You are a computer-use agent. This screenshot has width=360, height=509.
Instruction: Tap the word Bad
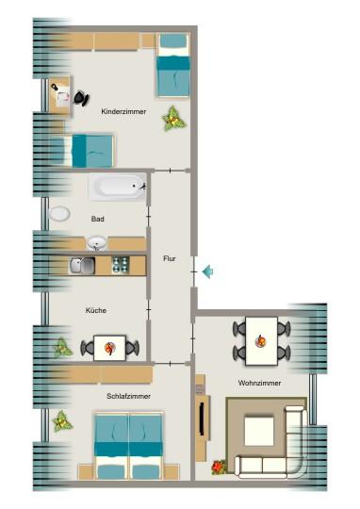click(98, 219)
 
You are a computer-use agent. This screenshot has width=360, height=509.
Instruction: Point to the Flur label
click(170, 258)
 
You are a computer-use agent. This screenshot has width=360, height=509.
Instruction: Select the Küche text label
click(96, 310)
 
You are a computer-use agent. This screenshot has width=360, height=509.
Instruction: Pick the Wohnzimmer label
click(260, 384)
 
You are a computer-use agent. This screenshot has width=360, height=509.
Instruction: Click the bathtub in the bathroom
click(117, 187)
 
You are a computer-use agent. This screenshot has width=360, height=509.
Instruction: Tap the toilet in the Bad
click(58, 213)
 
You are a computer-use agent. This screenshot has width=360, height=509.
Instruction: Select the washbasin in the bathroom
click(97, 244)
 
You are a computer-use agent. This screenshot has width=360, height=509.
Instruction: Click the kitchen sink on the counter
click(80, 265)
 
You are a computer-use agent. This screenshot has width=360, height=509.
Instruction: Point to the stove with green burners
click(120, 265)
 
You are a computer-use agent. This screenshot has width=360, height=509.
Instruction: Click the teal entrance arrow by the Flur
click(207, 272)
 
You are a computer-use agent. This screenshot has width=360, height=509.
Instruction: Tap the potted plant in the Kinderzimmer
click(172, 118)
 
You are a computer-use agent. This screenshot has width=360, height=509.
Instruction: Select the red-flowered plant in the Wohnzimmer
click(220, 465)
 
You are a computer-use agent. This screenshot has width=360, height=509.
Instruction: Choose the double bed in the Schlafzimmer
click(128, 446)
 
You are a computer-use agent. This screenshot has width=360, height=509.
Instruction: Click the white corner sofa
click(273, 457)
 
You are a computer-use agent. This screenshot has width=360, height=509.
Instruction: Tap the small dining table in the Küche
click(109, 349)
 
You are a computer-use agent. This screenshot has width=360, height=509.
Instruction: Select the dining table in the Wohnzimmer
click(262, 341)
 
